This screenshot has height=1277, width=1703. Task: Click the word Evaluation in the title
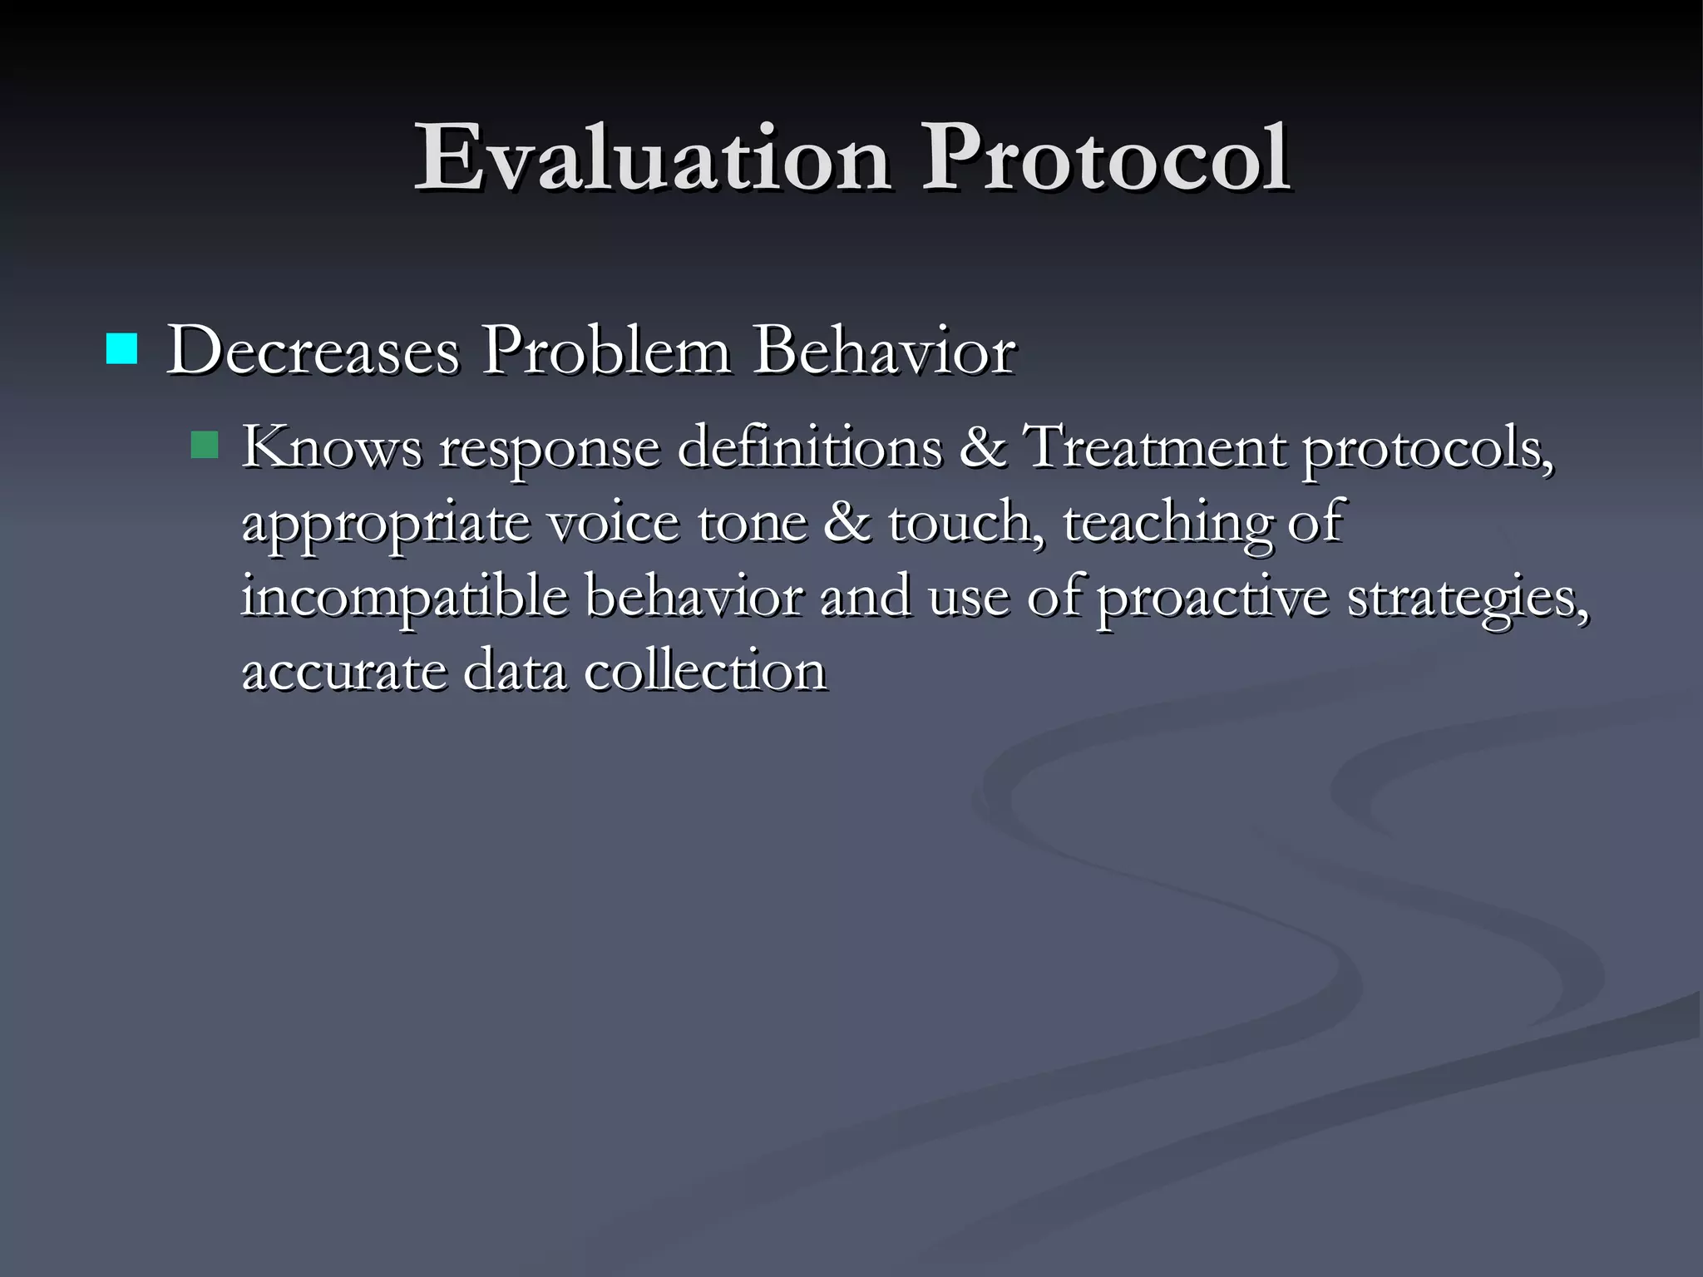pos(652,158)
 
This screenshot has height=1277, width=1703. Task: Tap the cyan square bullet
pos(121,349)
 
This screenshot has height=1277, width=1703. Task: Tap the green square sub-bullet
pos(204,445)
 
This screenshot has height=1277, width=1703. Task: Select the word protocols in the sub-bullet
pos(1427,449)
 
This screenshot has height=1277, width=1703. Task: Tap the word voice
pos(613,522)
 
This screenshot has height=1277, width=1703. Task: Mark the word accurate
pos(344,672)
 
